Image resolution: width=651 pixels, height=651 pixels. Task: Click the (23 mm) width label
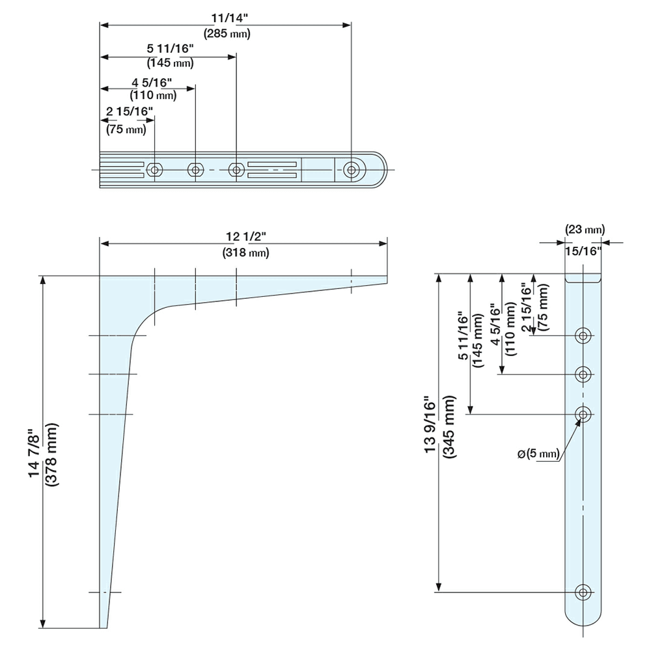tap(585, 229)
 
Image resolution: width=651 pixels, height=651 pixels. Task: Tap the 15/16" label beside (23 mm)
tap(583, 251)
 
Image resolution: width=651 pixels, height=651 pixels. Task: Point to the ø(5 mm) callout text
tap(540, 454)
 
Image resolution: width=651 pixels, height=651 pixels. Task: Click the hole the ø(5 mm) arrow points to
tap(583, 413)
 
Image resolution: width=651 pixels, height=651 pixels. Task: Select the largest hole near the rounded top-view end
tap(352, 169)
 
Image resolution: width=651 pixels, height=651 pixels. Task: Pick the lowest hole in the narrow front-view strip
tap(583, 592)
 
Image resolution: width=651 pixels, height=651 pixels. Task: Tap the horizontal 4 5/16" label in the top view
tap(152, 83)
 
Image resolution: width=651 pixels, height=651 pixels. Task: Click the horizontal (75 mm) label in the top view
tap(126, 130)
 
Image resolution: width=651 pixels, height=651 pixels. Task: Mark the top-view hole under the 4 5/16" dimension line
tap(195, 169)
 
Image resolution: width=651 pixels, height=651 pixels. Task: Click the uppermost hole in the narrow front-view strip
tap(583, 336)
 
